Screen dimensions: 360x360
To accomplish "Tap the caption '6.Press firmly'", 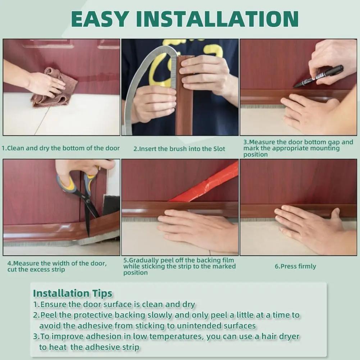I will [x=295, y=266].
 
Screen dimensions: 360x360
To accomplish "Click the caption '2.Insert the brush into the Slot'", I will [x=179, y=149].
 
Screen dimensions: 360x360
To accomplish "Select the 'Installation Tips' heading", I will [x=73, y=293].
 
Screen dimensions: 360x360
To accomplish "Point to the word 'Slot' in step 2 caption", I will [x=218, y=149].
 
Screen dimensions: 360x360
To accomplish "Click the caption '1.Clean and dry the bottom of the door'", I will [x=60, y=148].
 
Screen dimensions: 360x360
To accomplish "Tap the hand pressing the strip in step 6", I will [x=309, y=227].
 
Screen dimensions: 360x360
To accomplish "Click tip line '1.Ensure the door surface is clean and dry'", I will [x=114, y=305].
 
